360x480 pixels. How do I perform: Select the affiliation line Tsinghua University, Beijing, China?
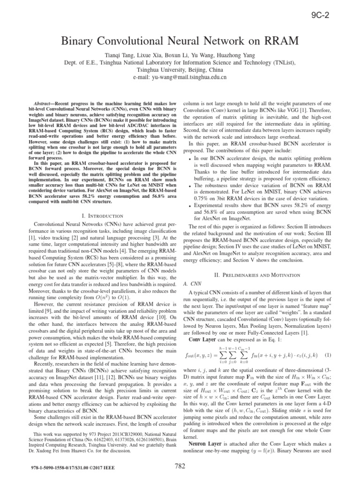(180, 69)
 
